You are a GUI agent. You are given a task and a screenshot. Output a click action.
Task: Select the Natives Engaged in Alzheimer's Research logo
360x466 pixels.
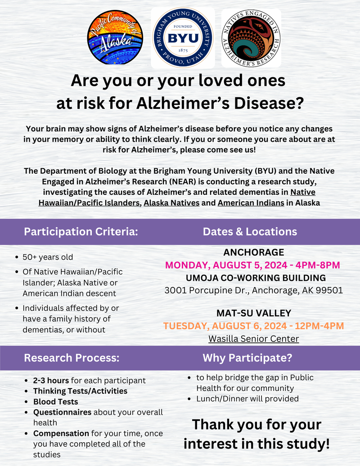[x=251, y=38]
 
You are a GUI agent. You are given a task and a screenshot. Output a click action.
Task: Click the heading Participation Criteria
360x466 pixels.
[x=81, y=232]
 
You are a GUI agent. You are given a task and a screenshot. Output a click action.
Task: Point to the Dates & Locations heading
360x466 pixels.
[x=250, y=232]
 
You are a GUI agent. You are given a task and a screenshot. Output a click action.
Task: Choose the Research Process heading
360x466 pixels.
[x=72, y=358]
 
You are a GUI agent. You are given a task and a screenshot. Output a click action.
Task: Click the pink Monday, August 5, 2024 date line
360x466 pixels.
[x=252, y=265]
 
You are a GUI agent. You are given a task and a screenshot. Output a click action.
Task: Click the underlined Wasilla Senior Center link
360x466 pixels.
[x=253, y=338]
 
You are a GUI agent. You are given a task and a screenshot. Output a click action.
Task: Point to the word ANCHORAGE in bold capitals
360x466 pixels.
[x=253, y=252]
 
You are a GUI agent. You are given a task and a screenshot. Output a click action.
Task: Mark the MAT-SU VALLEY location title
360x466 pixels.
[x=253, y=313]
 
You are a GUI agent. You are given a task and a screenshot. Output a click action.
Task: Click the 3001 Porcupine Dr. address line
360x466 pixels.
[x=253, y=290]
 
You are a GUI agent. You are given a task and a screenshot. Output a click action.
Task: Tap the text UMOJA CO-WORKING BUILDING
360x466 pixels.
[x=253, y=278]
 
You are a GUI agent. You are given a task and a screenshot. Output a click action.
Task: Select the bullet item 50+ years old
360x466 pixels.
[x=48, y=258]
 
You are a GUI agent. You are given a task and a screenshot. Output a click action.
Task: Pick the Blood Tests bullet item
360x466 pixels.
[x=55, y=402]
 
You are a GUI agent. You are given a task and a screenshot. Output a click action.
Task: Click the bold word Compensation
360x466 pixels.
[x=61, y=434]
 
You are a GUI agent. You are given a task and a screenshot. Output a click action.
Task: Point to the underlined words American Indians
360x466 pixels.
[x=251, y=203]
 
